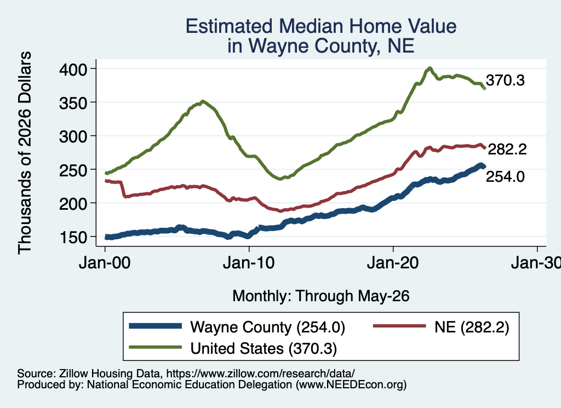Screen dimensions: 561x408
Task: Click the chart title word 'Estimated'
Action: click(228, 26)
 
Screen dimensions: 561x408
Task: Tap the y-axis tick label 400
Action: click(73, 69)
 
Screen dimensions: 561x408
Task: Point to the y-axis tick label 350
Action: click(73, 102)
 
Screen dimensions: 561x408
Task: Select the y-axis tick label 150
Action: click(73, 237)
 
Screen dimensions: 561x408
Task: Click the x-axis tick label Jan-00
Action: click(105, 263)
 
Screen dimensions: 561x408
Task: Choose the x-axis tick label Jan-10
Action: click(249, 263)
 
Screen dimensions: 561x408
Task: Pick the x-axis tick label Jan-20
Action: click(393, 263)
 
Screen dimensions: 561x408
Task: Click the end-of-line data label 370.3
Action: click(505, 81)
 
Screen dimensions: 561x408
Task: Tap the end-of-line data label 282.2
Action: click(507, 149)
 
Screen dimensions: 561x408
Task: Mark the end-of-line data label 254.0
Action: click(505, 177)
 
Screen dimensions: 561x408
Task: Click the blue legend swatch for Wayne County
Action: click(155, 326)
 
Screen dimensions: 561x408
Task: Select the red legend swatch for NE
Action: click(399, 326)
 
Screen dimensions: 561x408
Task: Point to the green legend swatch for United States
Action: click(155, 347)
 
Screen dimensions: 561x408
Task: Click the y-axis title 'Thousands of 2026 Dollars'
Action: click(25, 153)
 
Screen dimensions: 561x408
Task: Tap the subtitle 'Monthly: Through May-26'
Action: click(321, 296)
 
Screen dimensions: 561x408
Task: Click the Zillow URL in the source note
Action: click(260, 373)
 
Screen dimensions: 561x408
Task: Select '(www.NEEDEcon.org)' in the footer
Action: click(351, 385)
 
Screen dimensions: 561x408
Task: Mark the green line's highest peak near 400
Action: click(430, 68)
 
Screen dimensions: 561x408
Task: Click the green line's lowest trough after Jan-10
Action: click(280, 179)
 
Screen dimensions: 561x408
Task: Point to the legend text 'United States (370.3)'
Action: click(264, 349)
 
